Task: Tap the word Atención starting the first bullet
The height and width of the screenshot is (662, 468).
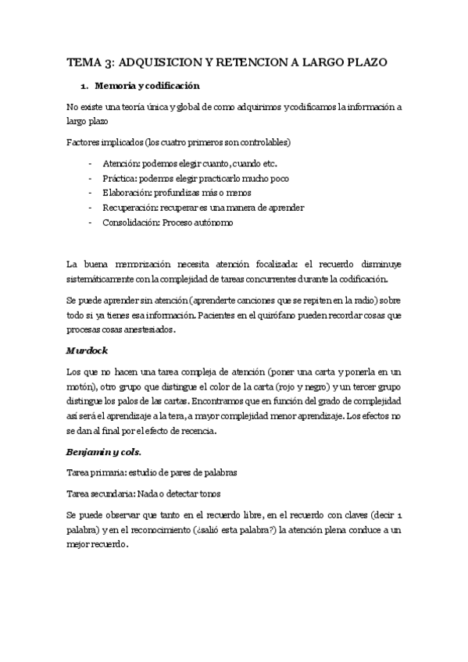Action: [x=119, y=162]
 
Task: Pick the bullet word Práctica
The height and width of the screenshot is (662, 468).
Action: [x=119, y=177]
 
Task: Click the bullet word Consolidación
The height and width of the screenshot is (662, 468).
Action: [x=130, y=222]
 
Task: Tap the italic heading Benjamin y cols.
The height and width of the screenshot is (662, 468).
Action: [x=103, y=450]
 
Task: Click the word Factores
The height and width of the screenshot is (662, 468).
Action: [x=84, y=143]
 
